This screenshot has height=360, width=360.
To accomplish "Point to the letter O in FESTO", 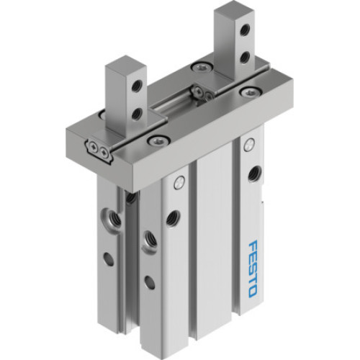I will [252, 292].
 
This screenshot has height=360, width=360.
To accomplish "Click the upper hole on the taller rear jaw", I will [246, 30].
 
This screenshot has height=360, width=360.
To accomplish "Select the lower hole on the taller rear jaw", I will [246, 57].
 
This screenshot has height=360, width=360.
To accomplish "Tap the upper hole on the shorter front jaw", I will [135, 86].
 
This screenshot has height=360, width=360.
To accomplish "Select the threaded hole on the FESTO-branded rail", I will [253, 174].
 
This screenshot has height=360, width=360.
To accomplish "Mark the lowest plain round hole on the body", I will [149, 282].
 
